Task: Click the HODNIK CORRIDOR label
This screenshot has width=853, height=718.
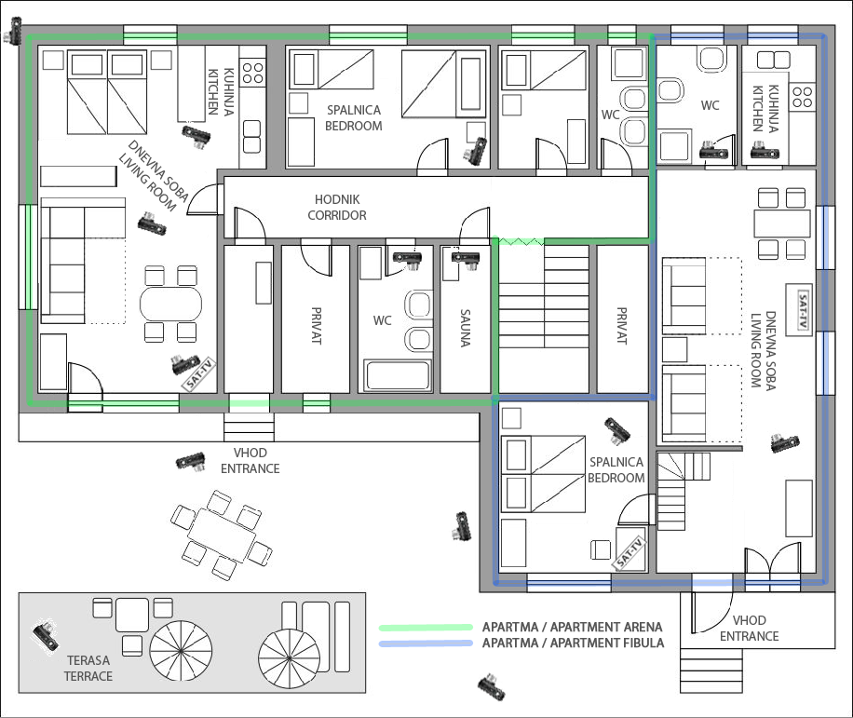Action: point(337,208)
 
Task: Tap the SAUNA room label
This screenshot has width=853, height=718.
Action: point(466,328)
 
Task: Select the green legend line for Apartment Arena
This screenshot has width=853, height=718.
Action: point(426,627)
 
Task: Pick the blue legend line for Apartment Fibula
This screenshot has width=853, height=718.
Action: point(426,643)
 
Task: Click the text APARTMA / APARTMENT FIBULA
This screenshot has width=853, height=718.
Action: point(573,643)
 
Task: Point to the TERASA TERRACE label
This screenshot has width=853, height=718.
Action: point(88,668)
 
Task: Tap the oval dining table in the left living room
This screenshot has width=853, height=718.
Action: point(170,304)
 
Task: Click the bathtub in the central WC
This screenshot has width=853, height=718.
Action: point(398,374)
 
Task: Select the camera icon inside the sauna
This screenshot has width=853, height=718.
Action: point(466,258)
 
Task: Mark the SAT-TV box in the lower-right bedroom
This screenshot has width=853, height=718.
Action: point(630,553)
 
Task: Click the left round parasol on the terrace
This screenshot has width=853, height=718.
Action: point(181,651)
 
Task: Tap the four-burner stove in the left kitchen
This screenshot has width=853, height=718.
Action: point(252,73)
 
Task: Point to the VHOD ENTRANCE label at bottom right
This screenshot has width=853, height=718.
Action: point(749,629)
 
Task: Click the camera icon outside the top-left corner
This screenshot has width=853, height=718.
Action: point(13,30)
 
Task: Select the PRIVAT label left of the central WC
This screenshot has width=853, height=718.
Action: point(317,325)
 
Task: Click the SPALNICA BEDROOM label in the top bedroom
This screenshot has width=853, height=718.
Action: point(354,118)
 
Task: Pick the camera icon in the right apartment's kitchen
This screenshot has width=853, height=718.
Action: point(765,151)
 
